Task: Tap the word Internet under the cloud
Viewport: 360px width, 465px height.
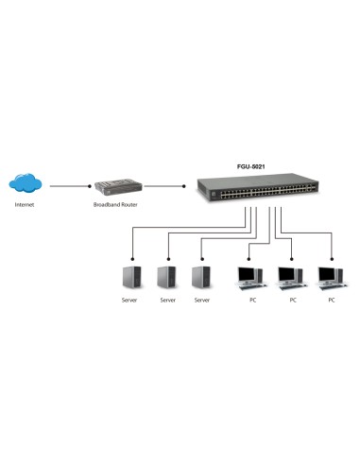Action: point(25,205)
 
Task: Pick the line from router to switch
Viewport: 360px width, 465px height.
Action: point(166,186)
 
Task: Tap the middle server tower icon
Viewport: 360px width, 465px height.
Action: point(167,277)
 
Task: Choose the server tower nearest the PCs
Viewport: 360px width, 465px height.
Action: point(200,277)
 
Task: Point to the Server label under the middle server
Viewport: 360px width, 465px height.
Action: point(167,300)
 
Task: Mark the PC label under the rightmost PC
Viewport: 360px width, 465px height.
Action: point(331,300)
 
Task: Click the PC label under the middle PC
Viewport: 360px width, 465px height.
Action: point(292,300)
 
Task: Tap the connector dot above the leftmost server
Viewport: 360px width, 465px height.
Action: point(131,256)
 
